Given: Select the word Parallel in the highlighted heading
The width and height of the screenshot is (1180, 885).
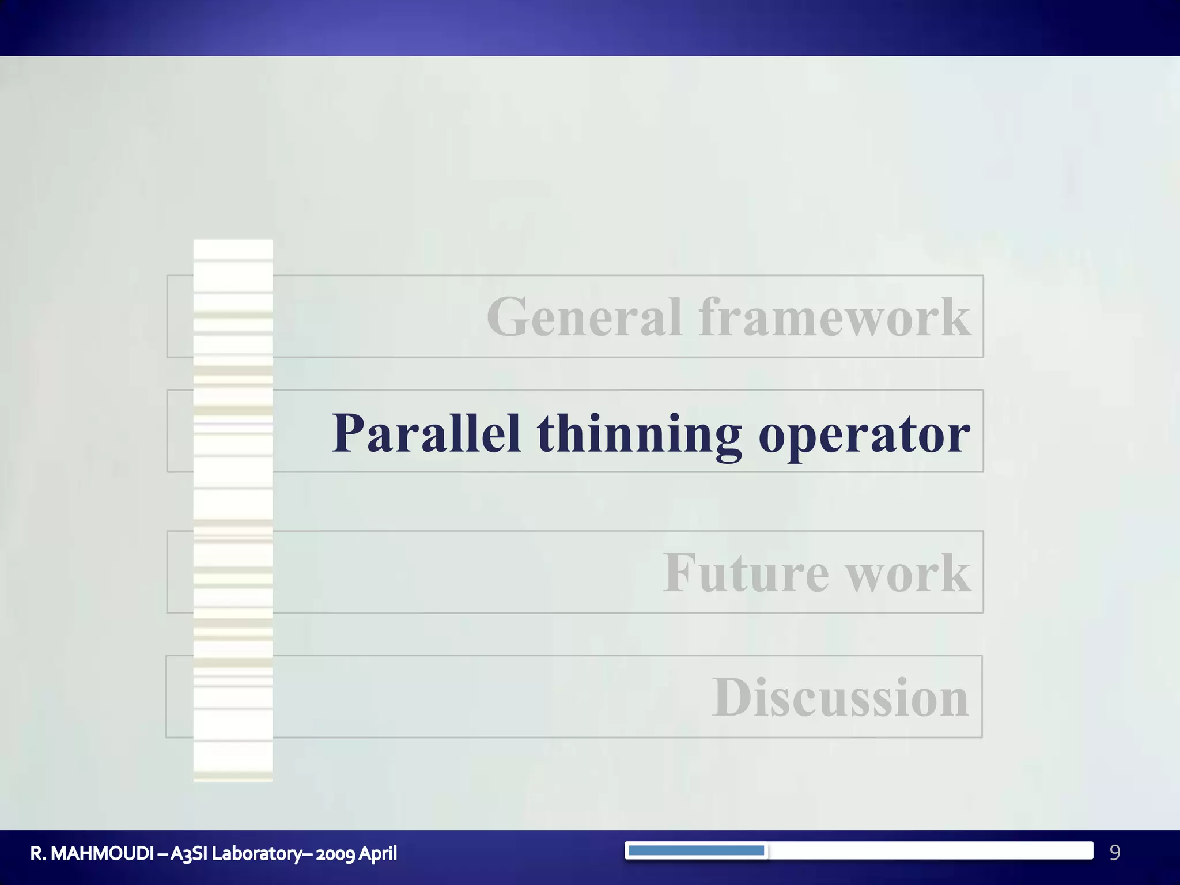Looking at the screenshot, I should tap(426, 433).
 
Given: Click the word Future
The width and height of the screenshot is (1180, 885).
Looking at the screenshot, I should tap(746, 573).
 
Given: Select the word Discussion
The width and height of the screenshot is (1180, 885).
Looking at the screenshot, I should tap(839, 698).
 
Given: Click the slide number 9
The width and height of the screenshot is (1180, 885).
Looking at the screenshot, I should tap(1114, 852).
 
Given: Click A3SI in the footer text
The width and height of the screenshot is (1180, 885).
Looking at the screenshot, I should tap(188, 853).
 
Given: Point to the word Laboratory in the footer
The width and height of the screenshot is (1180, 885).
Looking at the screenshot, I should tap(256, 853).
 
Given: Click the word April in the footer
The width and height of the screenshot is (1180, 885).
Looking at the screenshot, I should tap(378, 853).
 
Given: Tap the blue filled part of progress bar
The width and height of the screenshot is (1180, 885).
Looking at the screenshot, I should tap(696, 850).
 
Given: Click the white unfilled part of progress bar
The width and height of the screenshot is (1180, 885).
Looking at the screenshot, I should tap(928, 850).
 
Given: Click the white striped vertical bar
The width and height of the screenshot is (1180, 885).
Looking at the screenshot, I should tap(233, 510).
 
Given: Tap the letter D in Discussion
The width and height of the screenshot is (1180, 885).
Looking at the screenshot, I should tap(731, 698).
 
